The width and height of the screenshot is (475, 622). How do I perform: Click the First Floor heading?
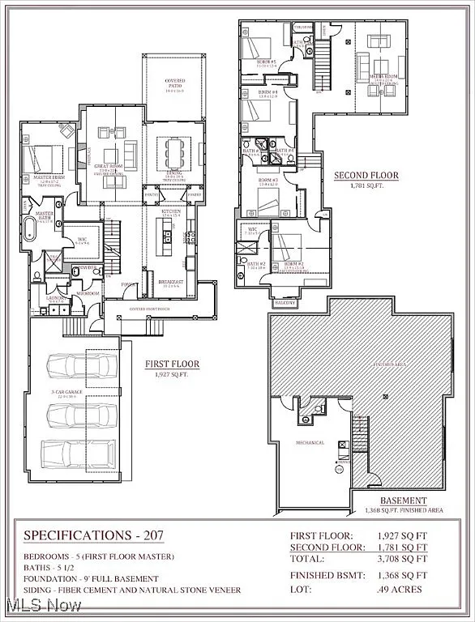(173, 365)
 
